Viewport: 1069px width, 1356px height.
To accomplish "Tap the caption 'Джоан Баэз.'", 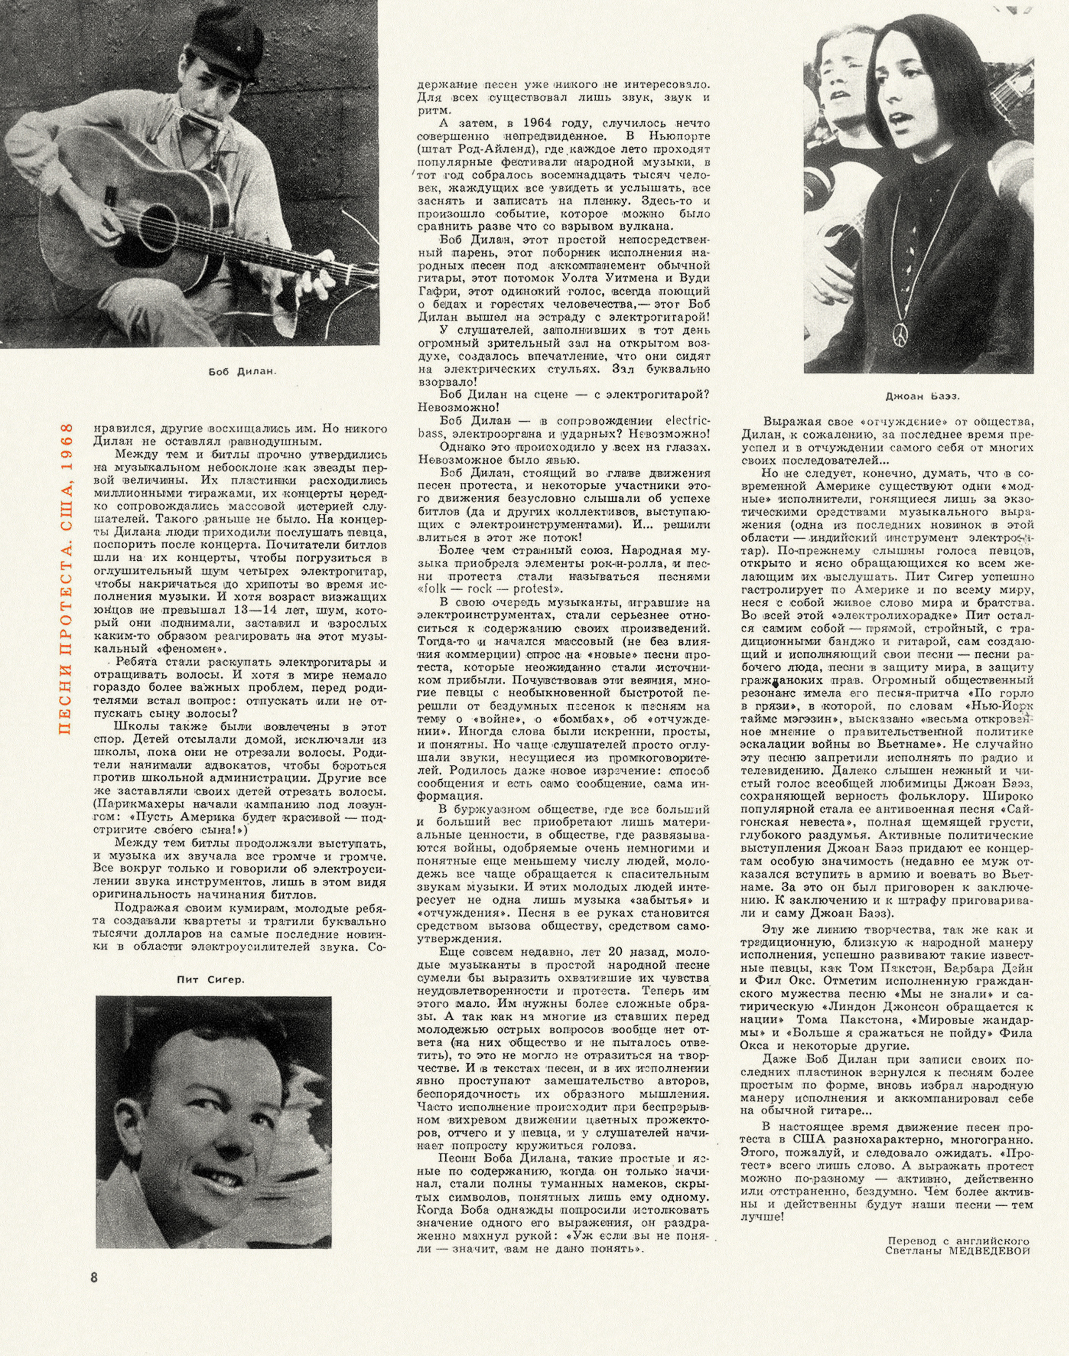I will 922,395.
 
